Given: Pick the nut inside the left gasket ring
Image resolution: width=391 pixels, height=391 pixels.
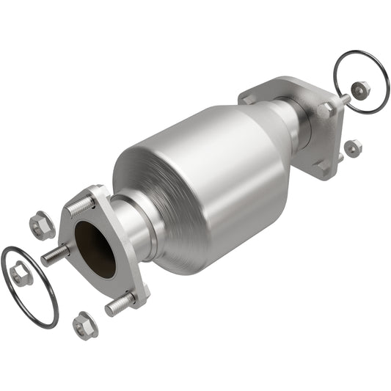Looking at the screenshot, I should pyautogui.click(x=21, y=274).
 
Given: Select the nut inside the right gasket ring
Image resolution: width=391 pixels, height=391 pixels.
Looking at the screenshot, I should pyautogui.click(x=359, y=89).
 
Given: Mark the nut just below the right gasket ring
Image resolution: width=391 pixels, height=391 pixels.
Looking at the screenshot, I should pyautogui.click(x=353, y=147).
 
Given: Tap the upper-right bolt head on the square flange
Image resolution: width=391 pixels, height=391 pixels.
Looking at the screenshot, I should pyautogui.click(x=326, y=108).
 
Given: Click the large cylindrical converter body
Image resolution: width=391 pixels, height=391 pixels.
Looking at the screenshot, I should pyautogui.click(x=198, y=183).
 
